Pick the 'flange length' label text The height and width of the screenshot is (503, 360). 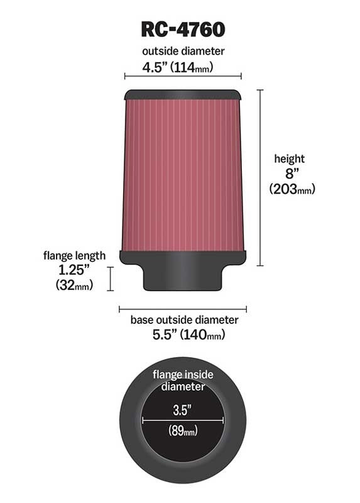(74, 255)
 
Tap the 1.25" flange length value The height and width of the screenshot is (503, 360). (73, 270)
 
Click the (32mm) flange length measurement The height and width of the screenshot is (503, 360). (74, 286)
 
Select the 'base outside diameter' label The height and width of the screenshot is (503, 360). (184, 320)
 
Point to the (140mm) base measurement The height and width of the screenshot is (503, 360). (202, 336)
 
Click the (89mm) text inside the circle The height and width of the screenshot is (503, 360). (183, 431)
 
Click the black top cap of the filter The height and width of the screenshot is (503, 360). (183, 94)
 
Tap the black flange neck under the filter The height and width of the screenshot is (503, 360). (183, 277)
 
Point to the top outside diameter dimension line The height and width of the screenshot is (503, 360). (183, 77)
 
